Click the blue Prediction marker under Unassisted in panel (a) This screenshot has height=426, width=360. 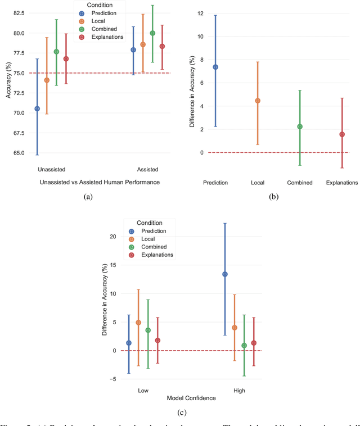click(x=37, y=108)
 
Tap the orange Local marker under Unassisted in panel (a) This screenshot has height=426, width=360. click(x=47, y=80)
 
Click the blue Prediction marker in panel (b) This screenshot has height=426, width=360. click(x=215, y=67)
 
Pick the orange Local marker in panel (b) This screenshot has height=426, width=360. click(x=258, y=101)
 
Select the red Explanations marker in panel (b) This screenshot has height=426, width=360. click(x=342, y=134)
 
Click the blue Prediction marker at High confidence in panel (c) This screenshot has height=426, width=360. click(x=225, y=274)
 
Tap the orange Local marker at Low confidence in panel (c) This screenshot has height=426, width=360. click(x=138, y=323)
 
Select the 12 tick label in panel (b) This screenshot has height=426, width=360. click(x=200, y=13)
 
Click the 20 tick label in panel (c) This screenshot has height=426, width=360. click(x=112, y=237)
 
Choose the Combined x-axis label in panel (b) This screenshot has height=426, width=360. click(x=299, y=183)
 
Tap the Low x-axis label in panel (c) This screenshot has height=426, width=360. click(x=143, y=391)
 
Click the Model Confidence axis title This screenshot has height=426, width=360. click(x=191, y=398)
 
